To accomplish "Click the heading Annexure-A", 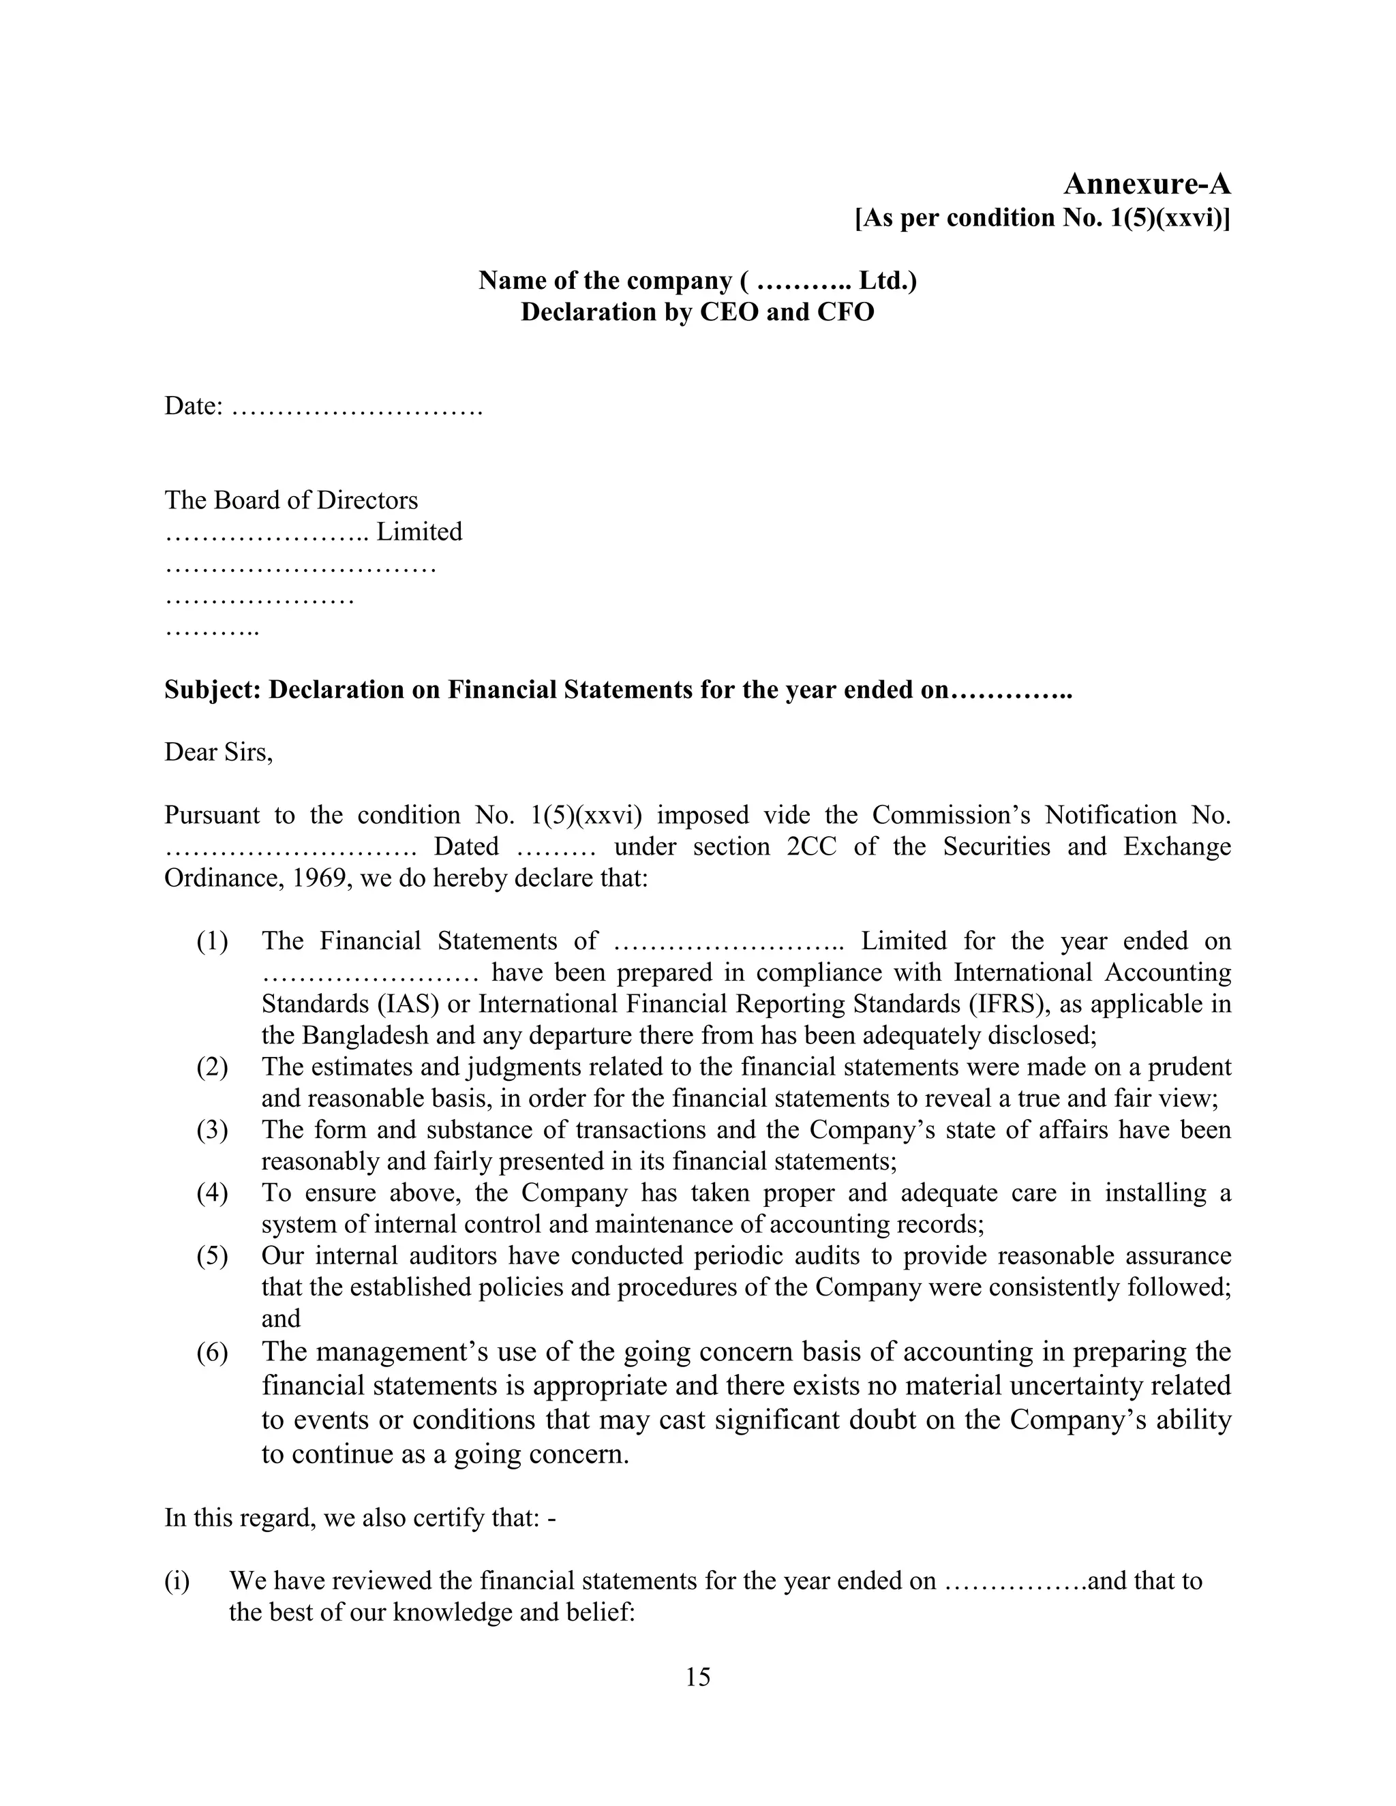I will pos(1147,183).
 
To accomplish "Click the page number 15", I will pos(697,1677).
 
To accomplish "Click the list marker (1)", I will pos(213,941).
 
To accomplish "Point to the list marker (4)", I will pos(213,1193).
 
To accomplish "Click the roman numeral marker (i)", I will pos(177,1580).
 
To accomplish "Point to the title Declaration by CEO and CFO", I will pos(697,311).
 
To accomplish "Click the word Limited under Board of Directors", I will pos(419,532).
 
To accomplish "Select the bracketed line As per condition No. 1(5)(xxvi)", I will pos(1042,217).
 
